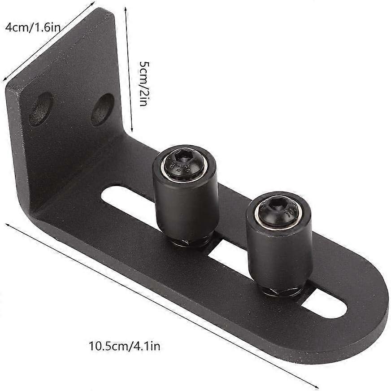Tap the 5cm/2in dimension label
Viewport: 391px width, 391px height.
click(143, 83)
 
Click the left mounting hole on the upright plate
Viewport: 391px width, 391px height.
click(40, 109)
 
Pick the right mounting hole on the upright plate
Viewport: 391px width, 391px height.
click(102, 109)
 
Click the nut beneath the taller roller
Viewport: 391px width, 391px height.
click(190, 243)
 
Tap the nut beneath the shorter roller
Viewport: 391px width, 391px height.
click(282, 291)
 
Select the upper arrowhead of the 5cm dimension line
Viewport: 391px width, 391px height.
click(125, 8)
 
